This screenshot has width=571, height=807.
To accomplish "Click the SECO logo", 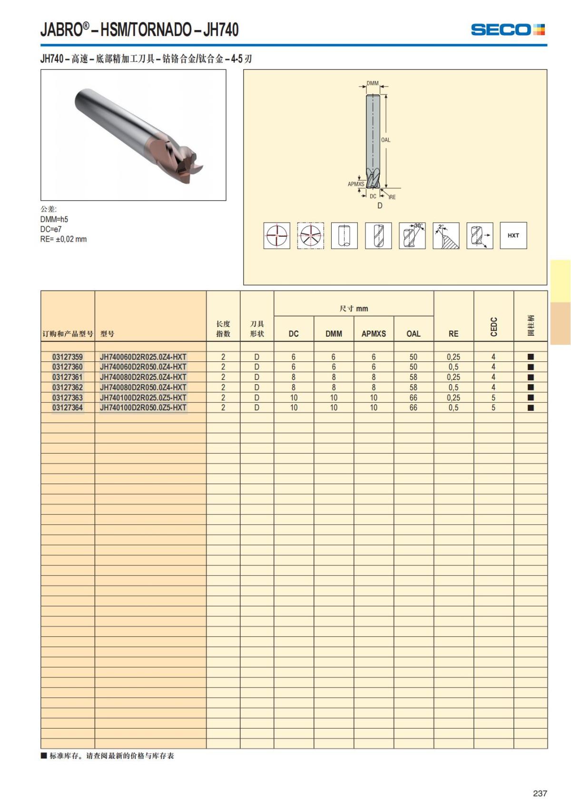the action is point(508,29).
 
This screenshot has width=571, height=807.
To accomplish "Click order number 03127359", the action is point(68,357).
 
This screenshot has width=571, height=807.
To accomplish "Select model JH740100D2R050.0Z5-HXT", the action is point(143,408).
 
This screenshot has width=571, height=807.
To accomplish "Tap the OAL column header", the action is point(413,334).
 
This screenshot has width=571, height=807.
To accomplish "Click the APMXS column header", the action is point(374,334).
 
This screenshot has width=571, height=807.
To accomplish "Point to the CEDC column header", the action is point(494,327).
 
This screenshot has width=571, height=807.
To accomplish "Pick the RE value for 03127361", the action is point(453,377).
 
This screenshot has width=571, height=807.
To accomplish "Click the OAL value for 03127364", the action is point(413,408).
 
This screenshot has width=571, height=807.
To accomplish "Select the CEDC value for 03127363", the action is point(493,398).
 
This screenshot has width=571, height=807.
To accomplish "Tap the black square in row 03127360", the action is point(531,367).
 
